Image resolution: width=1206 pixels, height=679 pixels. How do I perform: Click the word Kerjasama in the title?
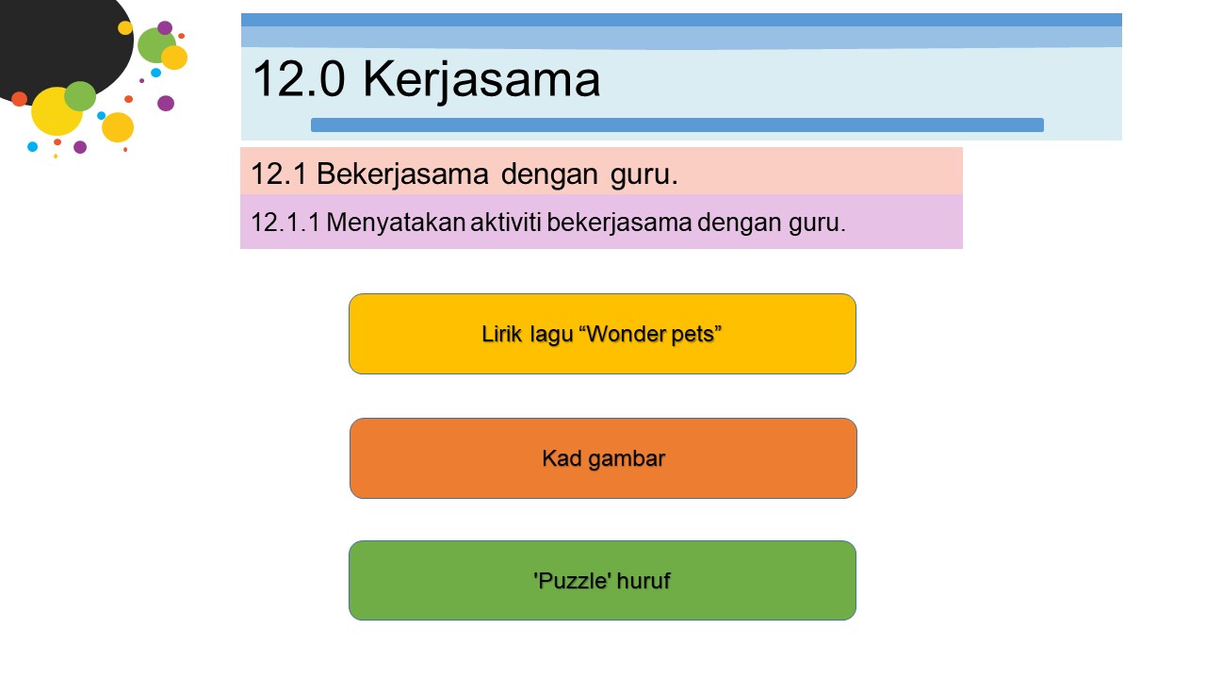point(481,81)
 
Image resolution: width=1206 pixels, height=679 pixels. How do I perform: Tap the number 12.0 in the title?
point(299,79)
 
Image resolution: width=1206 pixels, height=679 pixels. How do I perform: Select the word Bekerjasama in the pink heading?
point(402,174)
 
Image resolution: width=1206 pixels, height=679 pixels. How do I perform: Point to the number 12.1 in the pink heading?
point(278,174)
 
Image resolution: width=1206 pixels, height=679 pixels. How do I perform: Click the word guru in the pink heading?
point(644,175)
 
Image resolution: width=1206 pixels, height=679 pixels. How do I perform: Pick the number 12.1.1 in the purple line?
point(285,222)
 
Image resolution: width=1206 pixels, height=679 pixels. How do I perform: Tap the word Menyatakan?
point(396,223)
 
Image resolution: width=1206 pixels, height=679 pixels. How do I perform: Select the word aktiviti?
point(506,222)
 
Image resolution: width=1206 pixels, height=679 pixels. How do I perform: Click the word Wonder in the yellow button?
point(623,334)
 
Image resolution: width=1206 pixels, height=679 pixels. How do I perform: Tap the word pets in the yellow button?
point(696,335)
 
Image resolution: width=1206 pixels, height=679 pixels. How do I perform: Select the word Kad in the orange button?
point(562,458)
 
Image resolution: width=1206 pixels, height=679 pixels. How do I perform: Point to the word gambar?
point(627,459)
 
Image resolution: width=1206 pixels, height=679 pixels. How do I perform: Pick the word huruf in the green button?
point(644,580)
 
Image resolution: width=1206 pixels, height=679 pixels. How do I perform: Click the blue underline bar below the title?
point(677,125)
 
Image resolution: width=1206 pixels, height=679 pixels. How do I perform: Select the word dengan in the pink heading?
point(549,175)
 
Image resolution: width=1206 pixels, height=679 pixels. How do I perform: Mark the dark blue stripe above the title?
point(681,20)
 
